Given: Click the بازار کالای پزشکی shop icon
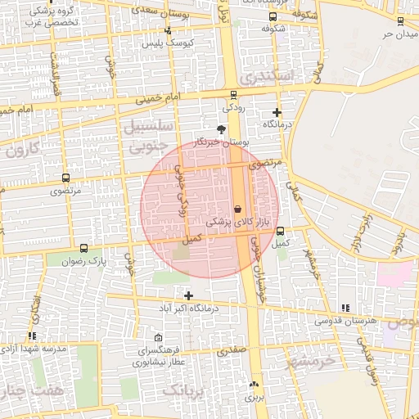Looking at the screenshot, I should (237, 208).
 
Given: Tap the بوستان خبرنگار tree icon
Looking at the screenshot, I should (220, 128).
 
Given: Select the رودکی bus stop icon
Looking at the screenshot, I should (233, 94).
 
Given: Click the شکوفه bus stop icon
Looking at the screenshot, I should (272, 16).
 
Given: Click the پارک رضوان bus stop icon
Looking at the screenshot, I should (84, 248).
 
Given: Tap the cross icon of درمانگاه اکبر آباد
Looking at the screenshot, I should (189, 295).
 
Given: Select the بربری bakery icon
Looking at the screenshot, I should (253, 384).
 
